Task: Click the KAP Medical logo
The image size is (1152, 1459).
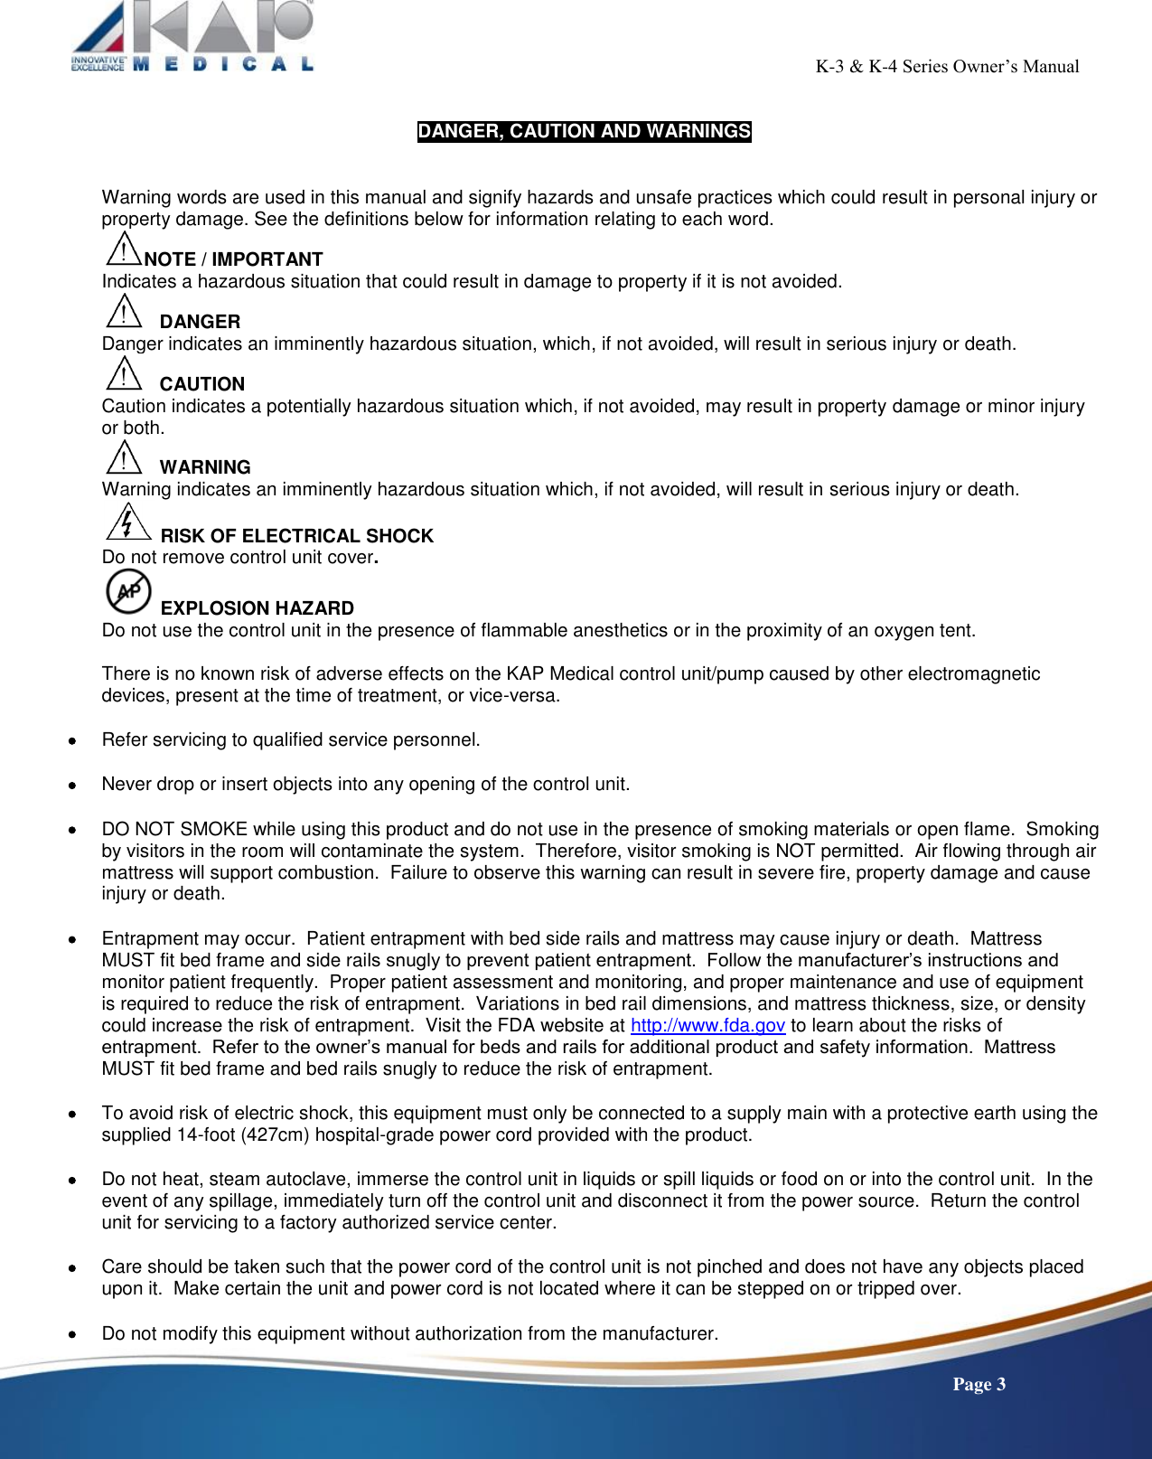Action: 192,36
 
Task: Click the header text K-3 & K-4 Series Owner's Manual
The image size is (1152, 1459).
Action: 947,66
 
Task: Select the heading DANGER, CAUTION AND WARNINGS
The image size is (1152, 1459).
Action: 584,131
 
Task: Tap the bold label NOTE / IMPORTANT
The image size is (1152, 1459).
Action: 233,259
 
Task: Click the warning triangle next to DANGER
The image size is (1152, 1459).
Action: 123,312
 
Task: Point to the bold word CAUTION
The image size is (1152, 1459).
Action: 202,384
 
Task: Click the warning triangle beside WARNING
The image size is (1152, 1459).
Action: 123,457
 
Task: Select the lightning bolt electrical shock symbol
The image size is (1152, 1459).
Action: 127,522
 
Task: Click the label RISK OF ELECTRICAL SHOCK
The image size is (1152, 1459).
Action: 297,536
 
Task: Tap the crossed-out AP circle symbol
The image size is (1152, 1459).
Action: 128,591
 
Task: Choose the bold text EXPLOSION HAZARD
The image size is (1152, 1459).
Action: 258,608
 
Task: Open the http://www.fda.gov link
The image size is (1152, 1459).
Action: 707,1025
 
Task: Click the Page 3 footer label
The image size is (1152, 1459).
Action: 979,1384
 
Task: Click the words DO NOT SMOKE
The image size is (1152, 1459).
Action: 174,829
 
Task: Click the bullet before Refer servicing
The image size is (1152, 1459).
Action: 71,740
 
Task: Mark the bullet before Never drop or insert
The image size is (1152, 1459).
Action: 71,785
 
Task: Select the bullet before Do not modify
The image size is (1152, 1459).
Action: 71,1334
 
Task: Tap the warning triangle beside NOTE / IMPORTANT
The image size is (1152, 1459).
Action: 123,249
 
